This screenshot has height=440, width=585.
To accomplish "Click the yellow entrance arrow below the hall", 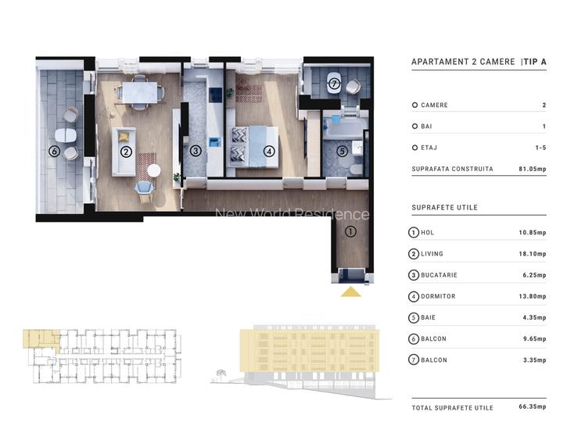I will (x=351, y=292).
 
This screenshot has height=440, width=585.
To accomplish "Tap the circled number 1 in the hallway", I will (x=350, y=231).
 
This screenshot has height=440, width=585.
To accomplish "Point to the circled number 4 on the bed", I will (x=269, y=152).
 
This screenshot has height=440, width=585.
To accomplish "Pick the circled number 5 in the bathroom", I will (x=342, y=152).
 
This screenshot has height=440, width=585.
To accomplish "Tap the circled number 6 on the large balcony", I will (x=54, y=152).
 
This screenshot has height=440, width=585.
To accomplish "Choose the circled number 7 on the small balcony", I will (x=334, y=84).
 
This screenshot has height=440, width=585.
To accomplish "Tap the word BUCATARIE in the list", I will (x=440, y=275).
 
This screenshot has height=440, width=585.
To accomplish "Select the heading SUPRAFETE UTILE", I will (x=443, y=208).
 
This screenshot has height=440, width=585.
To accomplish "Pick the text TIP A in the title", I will (x=534, y=62).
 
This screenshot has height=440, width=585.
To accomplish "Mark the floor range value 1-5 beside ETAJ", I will (x=540, y=148).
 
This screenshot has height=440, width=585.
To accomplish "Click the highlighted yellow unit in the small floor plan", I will (x=40, y=338).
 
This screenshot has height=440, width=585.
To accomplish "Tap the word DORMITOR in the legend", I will (x=438, y=296).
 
